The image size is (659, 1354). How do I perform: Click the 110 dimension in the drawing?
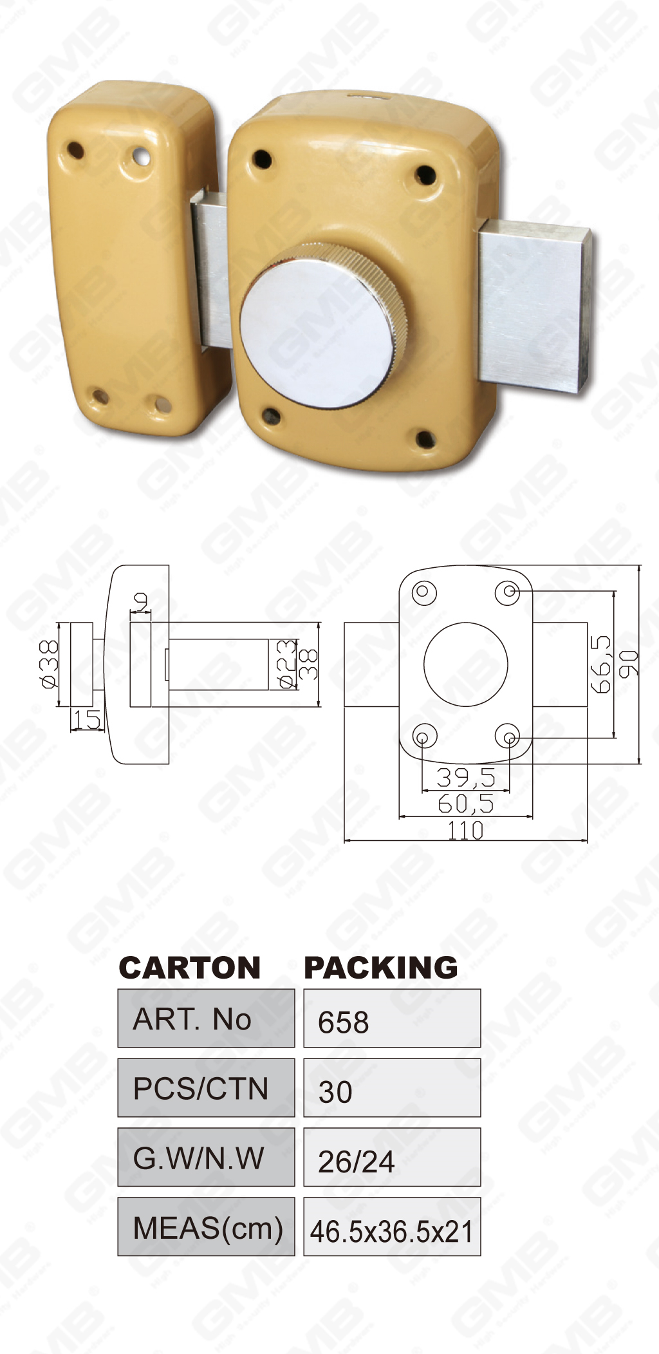[x=465, y=831]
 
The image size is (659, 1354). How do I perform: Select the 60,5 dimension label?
[x=465, y=804]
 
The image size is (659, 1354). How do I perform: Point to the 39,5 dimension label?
[x=465, y=778]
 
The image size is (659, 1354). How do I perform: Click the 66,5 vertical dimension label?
[x=601, y=664]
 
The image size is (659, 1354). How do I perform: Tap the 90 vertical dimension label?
[x=629, y=664]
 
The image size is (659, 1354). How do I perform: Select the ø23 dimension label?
[x=287, y=664]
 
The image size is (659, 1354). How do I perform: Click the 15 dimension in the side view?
[x=86, y=720]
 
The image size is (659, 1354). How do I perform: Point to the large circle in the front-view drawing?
[x=465, y=664]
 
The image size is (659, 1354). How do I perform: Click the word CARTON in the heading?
[x=190, y=968]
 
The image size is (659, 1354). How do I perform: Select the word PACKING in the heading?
[x=380, y=968]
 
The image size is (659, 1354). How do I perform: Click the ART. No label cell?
[x=206, y=1019]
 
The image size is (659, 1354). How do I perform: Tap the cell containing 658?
[x=392, y=1019]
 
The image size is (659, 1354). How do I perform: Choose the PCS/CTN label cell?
[x=206, y=1088]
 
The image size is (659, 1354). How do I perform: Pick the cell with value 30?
[x=392, y=1088]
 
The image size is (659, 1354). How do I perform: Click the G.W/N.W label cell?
[x=206, y=1158]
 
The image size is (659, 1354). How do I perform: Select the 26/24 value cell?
[x=392, y=1158]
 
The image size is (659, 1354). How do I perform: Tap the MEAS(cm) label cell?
[x=206, y=1227]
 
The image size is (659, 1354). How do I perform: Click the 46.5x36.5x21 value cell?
[x=392, y=1227]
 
